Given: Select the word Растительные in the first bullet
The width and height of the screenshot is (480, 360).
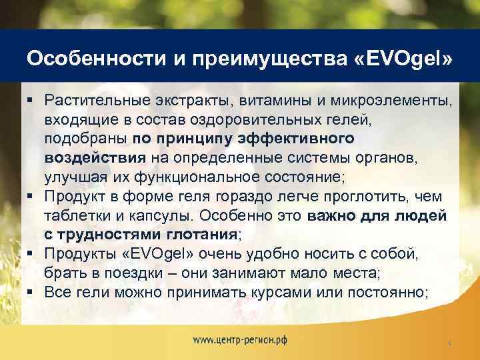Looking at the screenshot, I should click(89, 101).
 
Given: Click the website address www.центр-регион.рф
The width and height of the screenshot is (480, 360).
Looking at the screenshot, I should click(240, 339).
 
